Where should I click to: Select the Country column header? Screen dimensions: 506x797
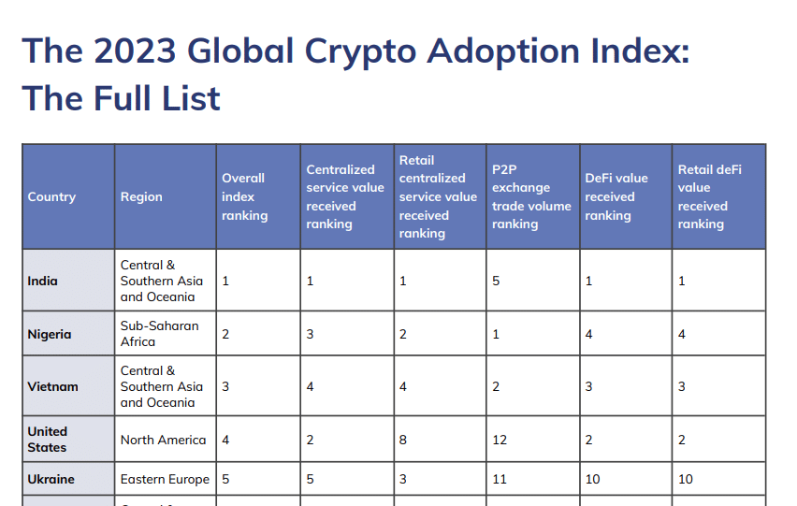[x=51, y=196]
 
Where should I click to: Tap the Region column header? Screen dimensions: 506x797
[x=141, y=196]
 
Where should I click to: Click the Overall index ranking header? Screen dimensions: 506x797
[x=244, y=196]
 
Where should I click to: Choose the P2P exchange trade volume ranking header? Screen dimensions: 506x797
[x=530, y=196]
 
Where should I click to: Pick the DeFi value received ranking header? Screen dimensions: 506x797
[x=616, y=196]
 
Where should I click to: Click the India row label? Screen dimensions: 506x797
[x=42, y=281]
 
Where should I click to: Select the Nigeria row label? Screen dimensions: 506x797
[x=50, y=334]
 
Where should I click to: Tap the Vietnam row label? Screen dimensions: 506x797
[x=52, y=386]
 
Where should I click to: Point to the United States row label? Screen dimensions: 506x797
[x=47, y=439]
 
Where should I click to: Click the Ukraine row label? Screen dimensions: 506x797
[x=51, y=479]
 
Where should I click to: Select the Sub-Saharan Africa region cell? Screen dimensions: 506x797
[x=159, y=334]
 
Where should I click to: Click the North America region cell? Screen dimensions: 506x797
[x=163, y=440]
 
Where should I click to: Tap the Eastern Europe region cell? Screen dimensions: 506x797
[x=165, y=479]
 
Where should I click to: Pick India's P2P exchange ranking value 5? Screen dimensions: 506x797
[x=496, y=281]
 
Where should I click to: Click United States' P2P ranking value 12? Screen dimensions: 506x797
[x=500, y=440]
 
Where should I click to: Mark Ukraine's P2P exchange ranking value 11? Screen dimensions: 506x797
[x=500, y=479]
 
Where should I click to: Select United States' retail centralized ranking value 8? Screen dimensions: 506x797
[x=403, y=440]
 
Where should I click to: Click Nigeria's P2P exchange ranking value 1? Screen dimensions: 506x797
[x=496, y=334]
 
